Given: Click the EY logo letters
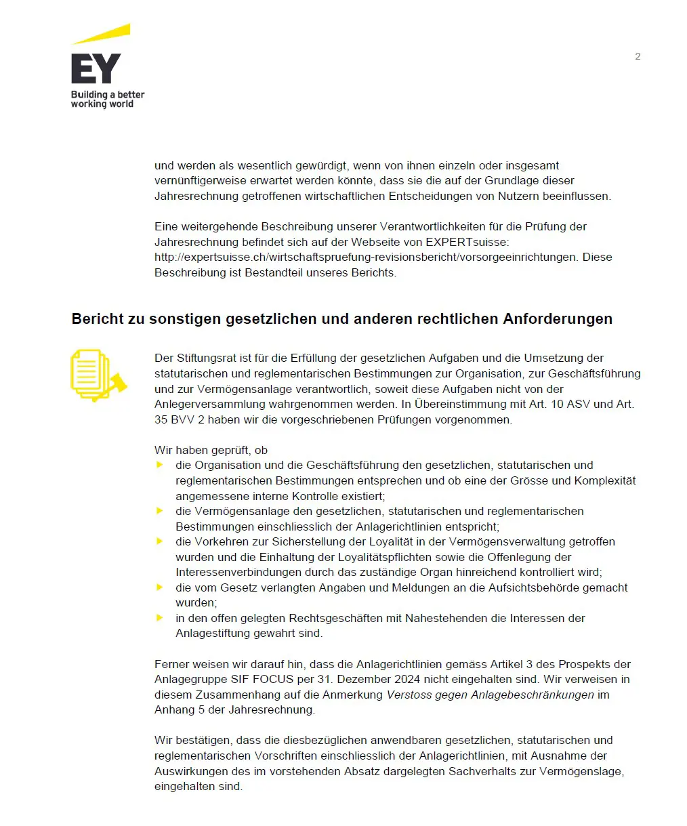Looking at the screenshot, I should point(96,68).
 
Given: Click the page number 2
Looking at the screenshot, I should point(638,56).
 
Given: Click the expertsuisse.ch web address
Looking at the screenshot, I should point(367,257).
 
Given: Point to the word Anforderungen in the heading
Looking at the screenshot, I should point(557,319).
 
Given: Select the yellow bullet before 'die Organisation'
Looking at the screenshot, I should point(160,465).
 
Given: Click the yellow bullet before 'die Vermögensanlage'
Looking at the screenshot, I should point(160,511).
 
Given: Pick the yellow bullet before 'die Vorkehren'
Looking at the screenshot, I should point(160,541).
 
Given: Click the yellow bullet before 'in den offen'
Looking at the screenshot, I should point(160,618).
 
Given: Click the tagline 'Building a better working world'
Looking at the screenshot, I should point(108,99).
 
